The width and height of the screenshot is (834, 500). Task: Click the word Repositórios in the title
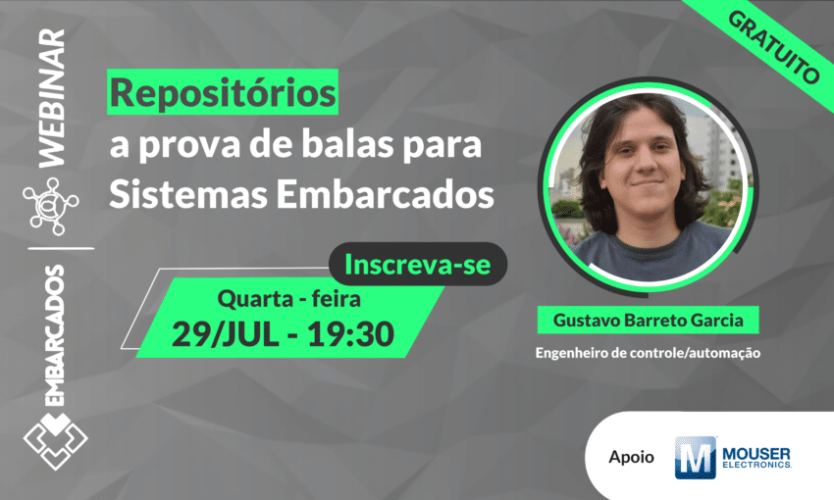(222, 95)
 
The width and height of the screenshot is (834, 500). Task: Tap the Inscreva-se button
(417, 264)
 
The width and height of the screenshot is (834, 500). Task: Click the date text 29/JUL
(229, 333)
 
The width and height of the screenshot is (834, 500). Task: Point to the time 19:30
(349, 333)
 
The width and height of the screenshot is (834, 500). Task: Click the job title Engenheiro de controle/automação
(648, 352)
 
